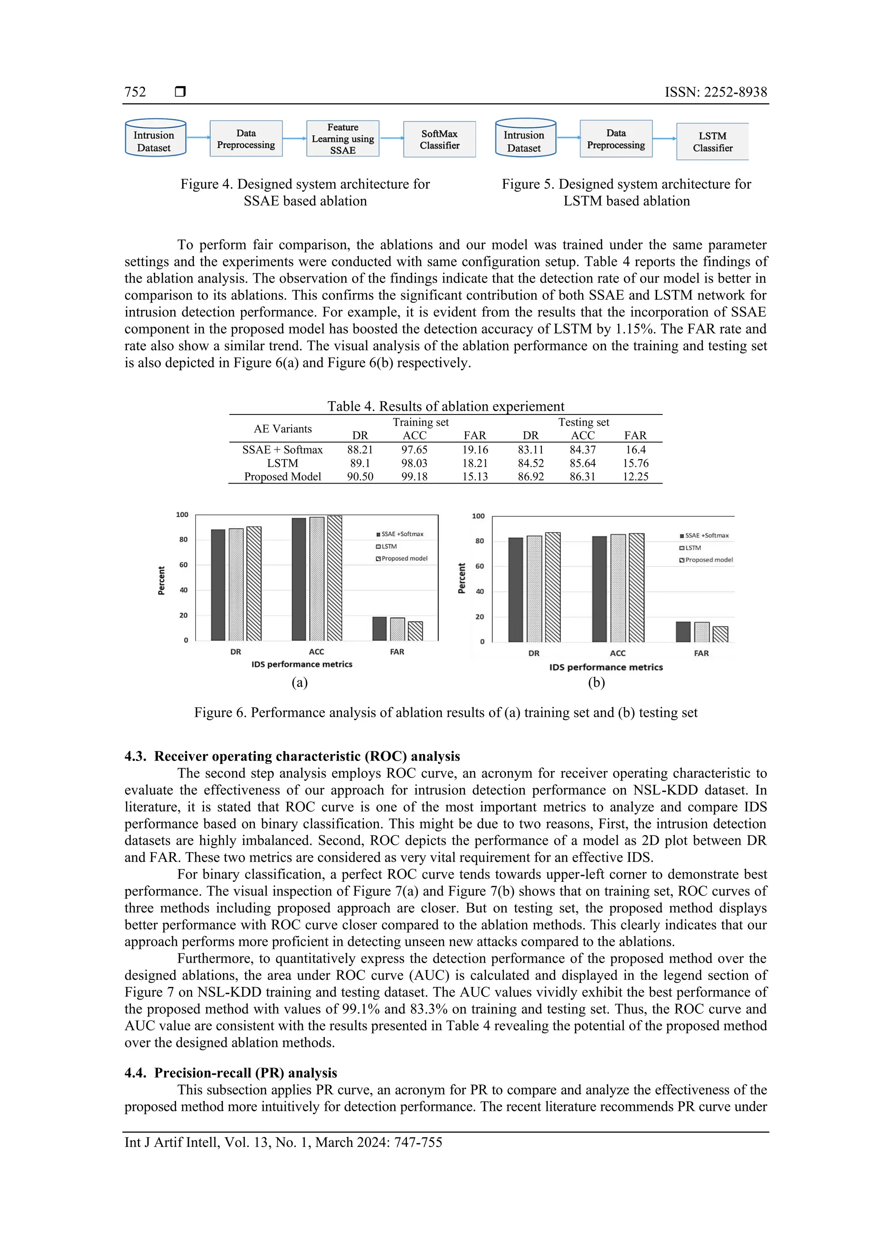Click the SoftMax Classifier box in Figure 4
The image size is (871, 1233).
click(439, 139)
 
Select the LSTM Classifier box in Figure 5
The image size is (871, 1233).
click(712, 142)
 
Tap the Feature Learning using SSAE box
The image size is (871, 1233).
click(342, 139)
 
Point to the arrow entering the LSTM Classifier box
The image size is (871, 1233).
click(664, 139)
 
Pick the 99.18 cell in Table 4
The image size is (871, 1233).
click(414, 476)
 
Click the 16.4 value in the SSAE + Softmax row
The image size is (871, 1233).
click(635, 449)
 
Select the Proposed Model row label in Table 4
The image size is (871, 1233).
click(282, 476)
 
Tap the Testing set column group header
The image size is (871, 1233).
click(584, 422)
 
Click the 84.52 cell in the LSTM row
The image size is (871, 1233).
click(530, 463)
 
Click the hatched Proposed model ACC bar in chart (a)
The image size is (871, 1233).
click(334, 578)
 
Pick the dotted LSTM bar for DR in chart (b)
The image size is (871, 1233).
click(534, 589)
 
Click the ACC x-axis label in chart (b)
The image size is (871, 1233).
click(617, 653)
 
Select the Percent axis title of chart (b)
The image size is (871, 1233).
click(461, 578)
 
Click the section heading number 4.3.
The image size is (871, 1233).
click(135, 756)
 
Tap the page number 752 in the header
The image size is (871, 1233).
click(135, 92)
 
